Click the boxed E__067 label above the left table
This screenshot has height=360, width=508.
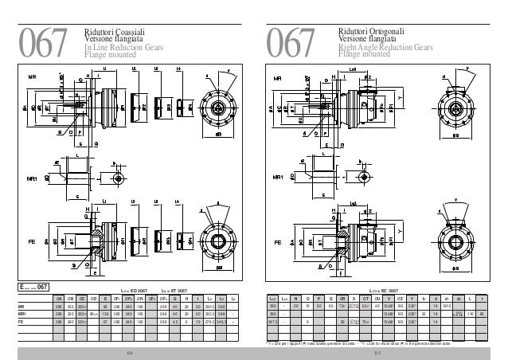36,286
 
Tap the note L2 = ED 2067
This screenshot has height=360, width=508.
132,290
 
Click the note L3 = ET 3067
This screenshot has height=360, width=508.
176,290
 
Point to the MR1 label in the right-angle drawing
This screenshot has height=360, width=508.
279,176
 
